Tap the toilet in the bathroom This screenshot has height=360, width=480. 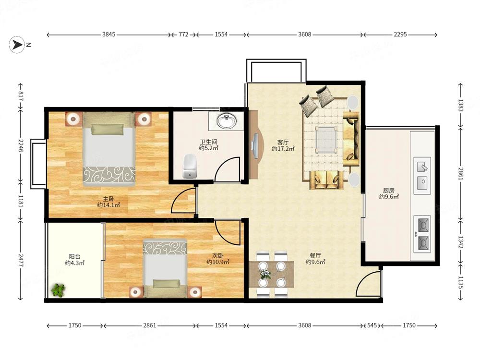(x=190, y=166)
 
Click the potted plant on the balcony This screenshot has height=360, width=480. (x=59, y=290)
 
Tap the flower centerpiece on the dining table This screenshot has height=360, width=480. (x=265, y=274)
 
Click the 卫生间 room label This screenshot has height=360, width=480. (x=209, y=142)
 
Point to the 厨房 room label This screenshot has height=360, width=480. (x=389, y=191)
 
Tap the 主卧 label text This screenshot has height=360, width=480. (x=108, y=199)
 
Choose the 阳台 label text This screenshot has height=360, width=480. (x=75, y=256)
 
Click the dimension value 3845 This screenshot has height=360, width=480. (x=108, y=34)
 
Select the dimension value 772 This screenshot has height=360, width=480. (x=183, y=34)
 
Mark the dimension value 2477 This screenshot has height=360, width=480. (x=21, y=260)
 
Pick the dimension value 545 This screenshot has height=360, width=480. (x=372, y=325)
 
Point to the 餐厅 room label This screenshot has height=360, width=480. (x=315, y=256)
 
